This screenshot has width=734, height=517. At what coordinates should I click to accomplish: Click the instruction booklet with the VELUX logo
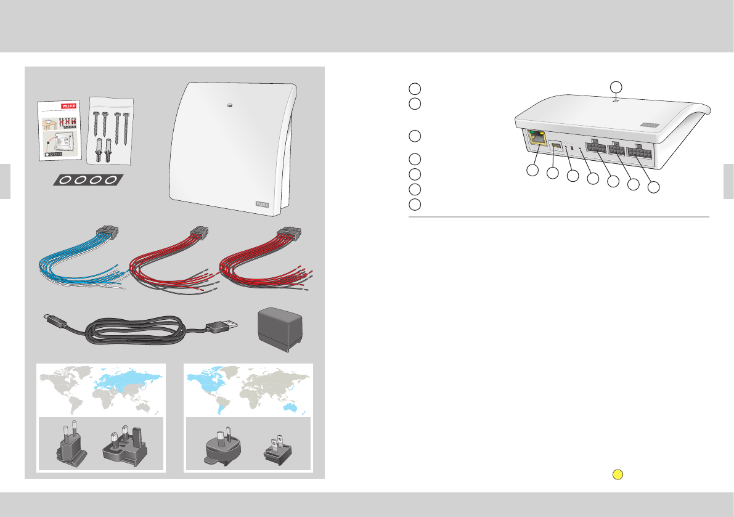click(x=61, y=131)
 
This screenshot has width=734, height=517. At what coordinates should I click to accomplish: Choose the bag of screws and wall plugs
click(x=111, y=130)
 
